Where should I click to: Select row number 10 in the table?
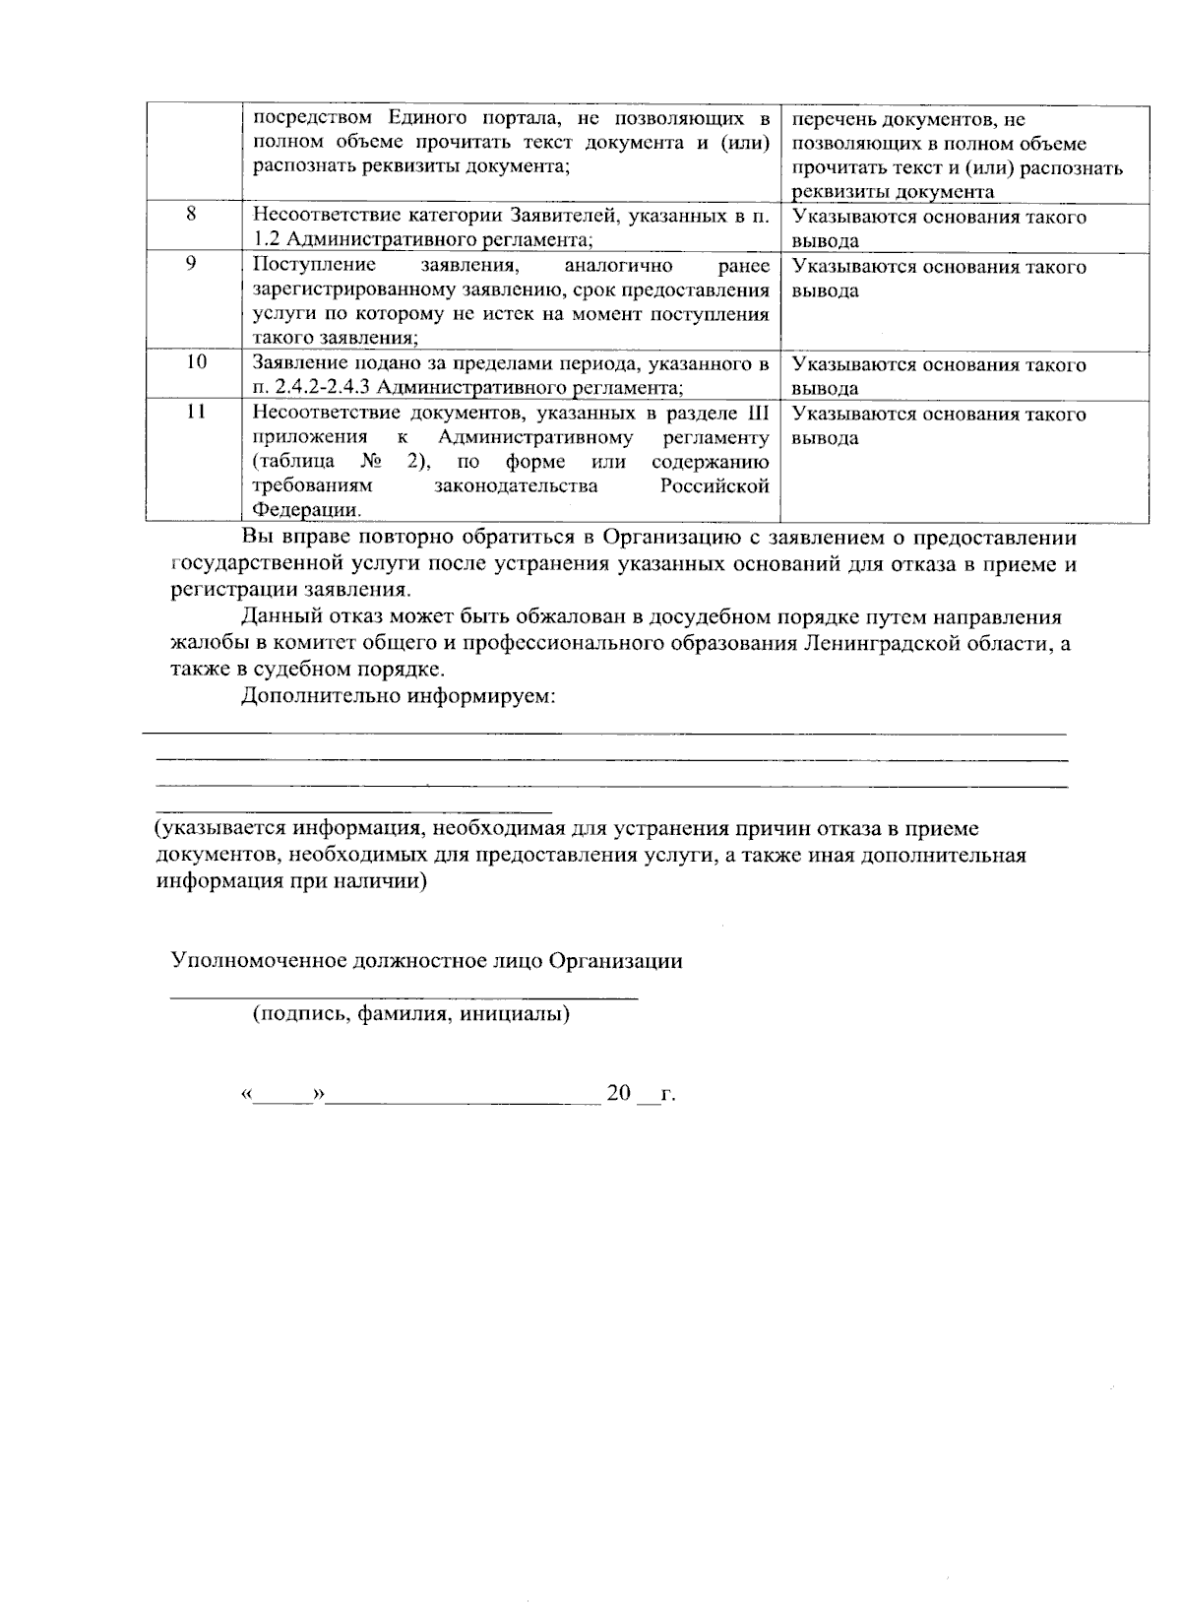click(196, 361)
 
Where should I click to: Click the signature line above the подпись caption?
click(404, 997)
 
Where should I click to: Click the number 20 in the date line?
click(618, 1093)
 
